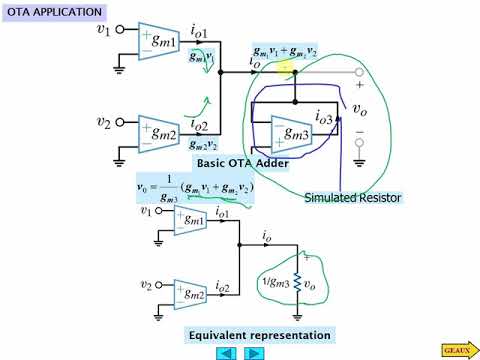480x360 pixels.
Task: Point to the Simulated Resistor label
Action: point(352,198)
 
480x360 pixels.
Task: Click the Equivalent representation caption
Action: point(258,334)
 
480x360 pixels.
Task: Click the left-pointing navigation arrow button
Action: point(226,352)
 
